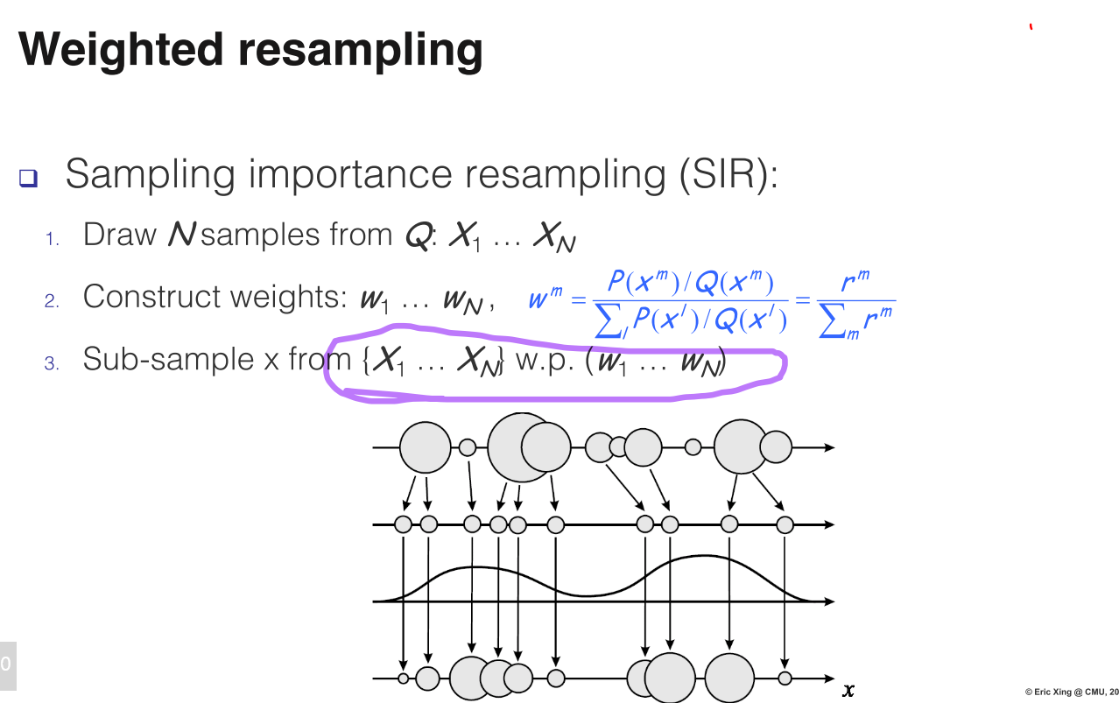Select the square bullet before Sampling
(x=29, y=179)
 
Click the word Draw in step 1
(x=119, y=235)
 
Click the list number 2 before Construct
(x=52, y=300)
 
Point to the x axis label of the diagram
(x=848, y=691)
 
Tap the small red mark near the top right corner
(x=1031, y=28)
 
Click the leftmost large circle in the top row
(x=426, y=447)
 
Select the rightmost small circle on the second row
(x=785, y=524)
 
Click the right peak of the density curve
(x=705, y=557)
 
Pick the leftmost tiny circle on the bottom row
(x=403, y=678)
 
